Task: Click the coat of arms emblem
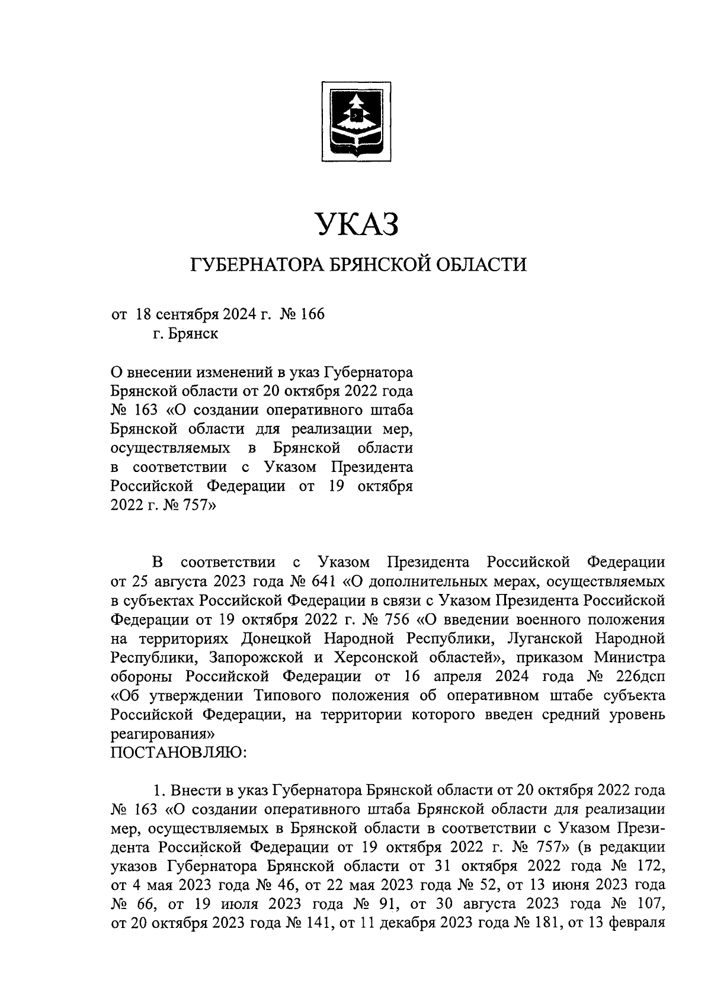point(355,121)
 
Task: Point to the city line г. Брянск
point(185,334)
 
